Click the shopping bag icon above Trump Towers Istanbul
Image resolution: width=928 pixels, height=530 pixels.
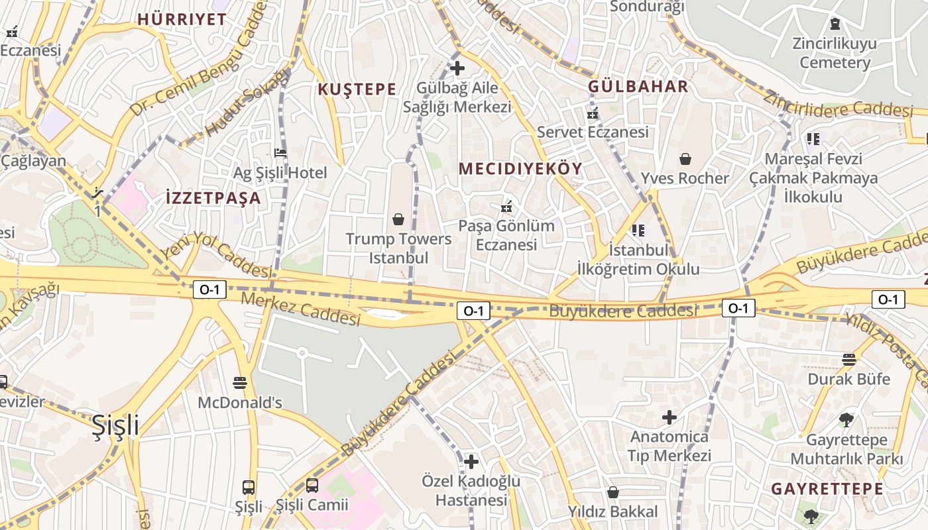coord(398,219)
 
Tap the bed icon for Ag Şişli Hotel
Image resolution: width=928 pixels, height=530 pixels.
coord(280,153)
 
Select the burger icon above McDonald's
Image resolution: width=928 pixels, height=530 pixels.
coord(240,383)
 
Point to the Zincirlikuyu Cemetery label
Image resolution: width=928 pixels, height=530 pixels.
coord(835,54)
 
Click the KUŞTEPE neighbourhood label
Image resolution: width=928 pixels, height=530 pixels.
coord(357,89)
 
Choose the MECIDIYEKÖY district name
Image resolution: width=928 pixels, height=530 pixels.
coord(520,169)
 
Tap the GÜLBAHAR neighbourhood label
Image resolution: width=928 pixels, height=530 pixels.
coord(638,87)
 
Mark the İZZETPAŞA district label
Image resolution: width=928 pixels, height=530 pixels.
coord(213,197)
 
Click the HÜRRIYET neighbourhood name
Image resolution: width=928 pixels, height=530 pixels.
coord(182,19)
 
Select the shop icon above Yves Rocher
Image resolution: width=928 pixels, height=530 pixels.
coord(685,159)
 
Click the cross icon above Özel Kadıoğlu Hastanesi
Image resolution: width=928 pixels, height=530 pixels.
coord(471,461)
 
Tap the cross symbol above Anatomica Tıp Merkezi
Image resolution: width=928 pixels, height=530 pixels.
coord(669,417)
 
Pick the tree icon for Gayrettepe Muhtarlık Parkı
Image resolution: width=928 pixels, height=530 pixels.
coord(846,419)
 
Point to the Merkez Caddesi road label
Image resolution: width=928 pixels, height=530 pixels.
coord(300,309)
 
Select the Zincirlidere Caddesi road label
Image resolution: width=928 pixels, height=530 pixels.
coord(838,102)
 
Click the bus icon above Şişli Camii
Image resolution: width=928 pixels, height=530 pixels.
coord(312,486)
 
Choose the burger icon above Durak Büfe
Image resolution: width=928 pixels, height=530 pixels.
coord(849,360)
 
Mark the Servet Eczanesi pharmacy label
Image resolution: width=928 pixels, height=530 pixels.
coord(593,132)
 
